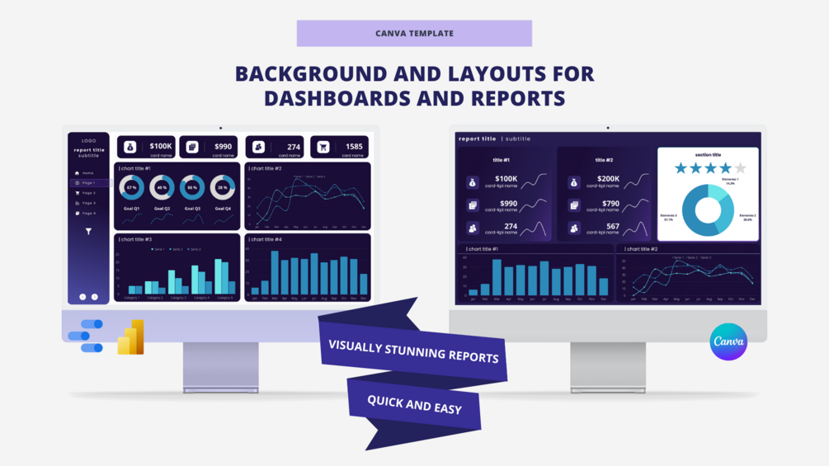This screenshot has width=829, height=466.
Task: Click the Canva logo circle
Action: pyautogui.click(x=728, y=341)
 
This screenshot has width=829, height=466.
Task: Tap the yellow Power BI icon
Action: pyautogui.click(x=131, y=338)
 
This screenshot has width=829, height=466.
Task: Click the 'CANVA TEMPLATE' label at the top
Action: pyautogui.click(x=414, y=34)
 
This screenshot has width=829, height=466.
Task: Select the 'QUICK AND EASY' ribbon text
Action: pyautogui.click(x=414, y=405)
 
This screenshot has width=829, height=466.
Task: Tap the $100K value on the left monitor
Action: pyautogui.click(x=161, y=146)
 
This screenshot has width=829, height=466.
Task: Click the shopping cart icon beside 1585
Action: pyautogui.click(x=323, y=147)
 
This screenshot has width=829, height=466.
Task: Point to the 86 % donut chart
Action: pyautogui.click(x=192, y=188)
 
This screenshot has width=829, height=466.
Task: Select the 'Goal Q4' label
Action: pyautogui.click(x=223, y=209)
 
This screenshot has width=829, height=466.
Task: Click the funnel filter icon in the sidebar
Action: pyautogui.click(x=88, y=232)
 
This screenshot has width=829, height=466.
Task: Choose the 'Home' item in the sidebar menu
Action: pyautogui.click(x=87, y=173)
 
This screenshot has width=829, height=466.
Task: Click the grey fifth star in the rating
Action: pyautogui.click(x=740, y=168)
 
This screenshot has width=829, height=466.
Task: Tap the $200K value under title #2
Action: pyautogui.click(x=608, y=178)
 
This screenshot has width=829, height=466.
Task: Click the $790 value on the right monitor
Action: pyautogui.click(x=610, y=203)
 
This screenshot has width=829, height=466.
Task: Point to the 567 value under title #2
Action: pyautogui.click(x=612, y=227)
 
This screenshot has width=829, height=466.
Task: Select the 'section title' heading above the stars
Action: pyautogui.click(x=708, y=155)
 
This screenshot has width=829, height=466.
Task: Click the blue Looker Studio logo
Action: pyautogui.click(x=87, y=336)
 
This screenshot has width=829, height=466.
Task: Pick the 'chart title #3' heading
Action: pyautogui.click(x=136, y=239)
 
